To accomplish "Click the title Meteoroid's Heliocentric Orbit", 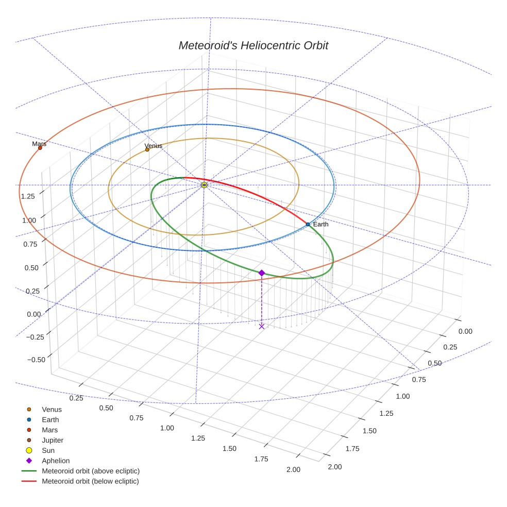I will coord(253,45).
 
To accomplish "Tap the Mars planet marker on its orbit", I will coord(40,148).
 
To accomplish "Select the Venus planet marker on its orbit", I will coord(147,149).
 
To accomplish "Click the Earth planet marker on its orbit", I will coord(308,224).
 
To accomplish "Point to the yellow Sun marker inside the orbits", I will coord(204,184).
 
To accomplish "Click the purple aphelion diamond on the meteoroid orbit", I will coord(262,273).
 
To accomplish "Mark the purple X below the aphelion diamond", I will coord(262,326).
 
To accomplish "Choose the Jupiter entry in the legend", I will coord(53,440).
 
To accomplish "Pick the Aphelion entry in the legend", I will coord(55,461).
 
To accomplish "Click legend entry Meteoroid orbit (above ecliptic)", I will coord(90,471).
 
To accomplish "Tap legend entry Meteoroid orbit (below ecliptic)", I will coord(90,481).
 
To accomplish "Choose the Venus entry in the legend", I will coord(52,409).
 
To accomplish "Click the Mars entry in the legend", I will coord(49,430).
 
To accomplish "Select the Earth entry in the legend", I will coord(50,419).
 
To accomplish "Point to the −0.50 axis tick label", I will coord(33,359).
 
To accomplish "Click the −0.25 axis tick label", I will coord(33,337).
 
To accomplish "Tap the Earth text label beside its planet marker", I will coord(320,224).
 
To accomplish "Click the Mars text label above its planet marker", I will coord(39,144).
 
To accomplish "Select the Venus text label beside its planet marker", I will coord(154,146).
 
